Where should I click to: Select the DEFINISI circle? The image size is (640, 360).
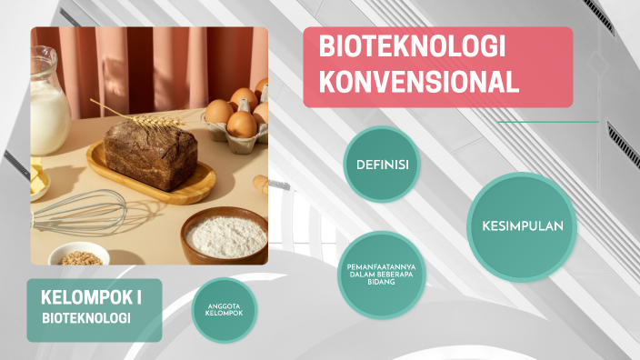(x=381, y=165)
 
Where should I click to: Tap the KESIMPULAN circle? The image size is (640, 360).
(x=522, y=226)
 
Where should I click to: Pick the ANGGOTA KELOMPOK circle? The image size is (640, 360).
(x=225, y=310)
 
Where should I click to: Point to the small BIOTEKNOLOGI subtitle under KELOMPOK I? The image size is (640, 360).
(x=86, y=318)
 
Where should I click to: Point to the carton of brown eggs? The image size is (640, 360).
(x=239, y=116)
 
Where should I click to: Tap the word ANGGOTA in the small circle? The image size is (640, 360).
(x=225, y=305)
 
